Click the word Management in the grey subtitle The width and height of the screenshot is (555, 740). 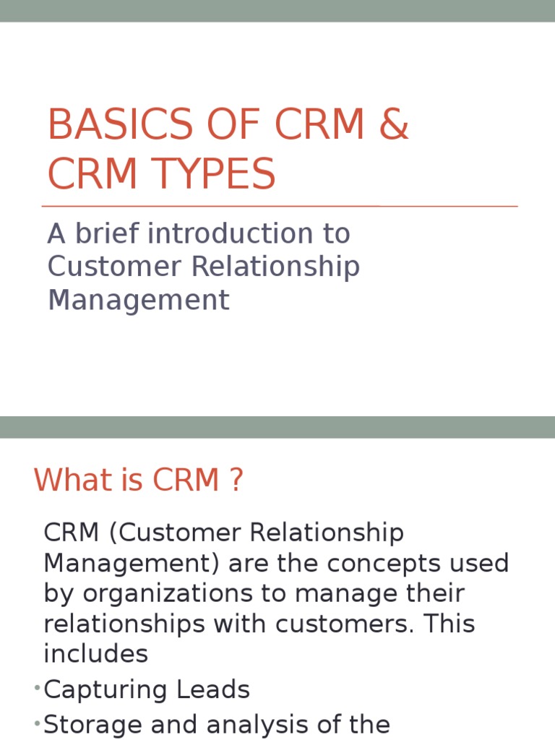click(138, 300)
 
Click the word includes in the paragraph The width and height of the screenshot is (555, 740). click(95, 654)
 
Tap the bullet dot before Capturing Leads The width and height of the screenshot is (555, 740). click(36, 689)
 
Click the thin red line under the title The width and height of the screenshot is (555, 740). click(280, 207)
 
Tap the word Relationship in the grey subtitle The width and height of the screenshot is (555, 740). click(275, 267)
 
